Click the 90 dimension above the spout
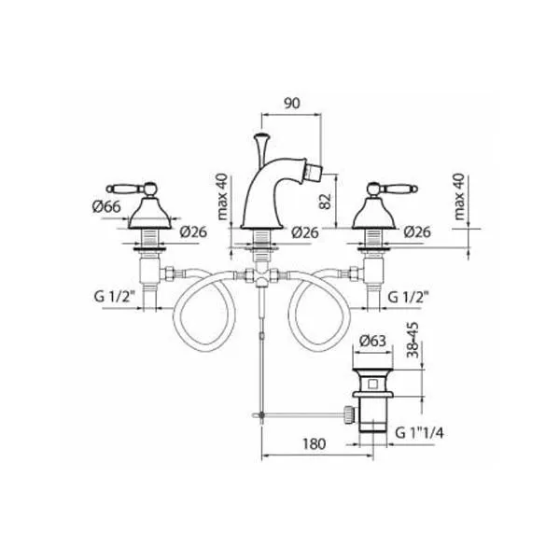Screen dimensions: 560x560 point(292,104)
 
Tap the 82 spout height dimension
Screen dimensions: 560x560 point(326,202)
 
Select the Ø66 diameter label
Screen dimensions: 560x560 point(106,206)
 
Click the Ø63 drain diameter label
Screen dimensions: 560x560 point(372,341)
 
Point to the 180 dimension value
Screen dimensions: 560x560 point(315,444)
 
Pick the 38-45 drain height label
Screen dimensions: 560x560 point(413,340)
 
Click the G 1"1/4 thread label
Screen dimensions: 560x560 point(420,433)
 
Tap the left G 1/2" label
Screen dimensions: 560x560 point(115,296)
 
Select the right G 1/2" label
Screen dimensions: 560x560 point(408,296)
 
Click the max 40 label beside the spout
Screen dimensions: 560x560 point(222,197)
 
